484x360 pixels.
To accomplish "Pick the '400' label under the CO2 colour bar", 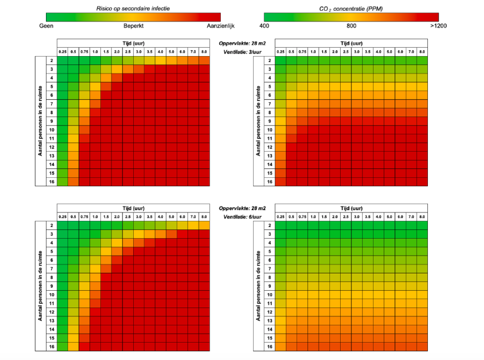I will pos(264,26).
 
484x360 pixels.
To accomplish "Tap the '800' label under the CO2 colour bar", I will pos(352,26).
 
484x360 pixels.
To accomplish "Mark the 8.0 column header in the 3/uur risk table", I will pos(204,52).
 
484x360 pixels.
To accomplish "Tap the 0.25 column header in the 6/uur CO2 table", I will pos(280,216).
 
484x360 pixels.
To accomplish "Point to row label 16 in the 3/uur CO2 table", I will pos(269,181).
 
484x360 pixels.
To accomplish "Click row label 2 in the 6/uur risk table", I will pos(51,225).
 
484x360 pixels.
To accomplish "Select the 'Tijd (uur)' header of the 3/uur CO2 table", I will pos(351,43).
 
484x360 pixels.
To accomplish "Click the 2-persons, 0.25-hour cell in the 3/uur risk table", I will pos(62,60).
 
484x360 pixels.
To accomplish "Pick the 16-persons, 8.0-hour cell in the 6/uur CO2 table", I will pos(423,346).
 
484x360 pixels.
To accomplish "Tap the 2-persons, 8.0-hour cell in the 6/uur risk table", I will pos(204,225).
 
